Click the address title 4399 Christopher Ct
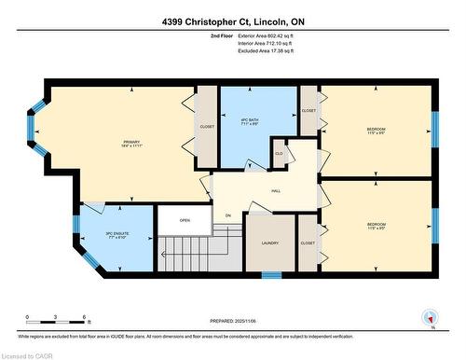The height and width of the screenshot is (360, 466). pyautogui.click(x=233, y=21)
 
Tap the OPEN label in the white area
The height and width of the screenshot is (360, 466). pyautogui.click(x=185, y=221)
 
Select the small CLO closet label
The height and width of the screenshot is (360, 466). pyautogui.click(x=279, y=153)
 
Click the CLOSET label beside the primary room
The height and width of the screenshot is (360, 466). pyautogui.click(x=207, y=125)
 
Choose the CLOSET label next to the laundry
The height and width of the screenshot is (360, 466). pyautogui.click(x=308, y=242)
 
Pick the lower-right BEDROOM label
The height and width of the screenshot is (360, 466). pyautogui.click(x=376, y=225)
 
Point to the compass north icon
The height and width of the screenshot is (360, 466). pyautogui.click(x=430, y=317)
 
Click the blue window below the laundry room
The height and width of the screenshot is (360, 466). pyautogui.click(x=271, y=274)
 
